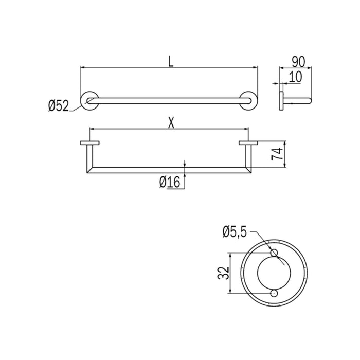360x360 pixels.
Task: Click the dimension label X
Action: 170,122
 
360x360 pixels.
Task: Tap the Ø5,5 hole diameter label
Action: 235,232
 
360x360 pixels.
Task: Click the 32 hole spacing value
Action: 222,272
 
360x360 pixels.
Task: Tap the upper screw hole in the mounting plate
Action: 274,252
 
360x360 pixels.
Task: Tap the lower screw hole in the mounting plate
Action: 274,293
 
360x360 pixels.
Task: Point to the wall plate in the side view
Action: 281,100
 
